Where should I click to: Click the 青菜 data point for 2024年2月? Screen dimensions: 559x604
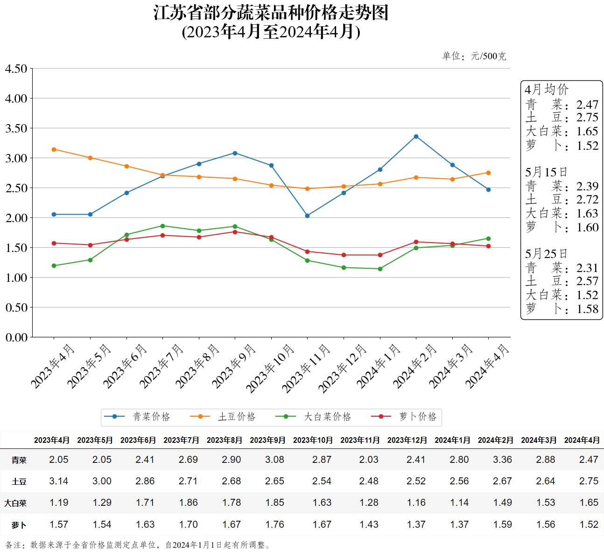pos(416,137)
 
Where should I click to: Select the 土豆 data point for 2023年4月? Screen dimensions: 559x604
pos(54,150)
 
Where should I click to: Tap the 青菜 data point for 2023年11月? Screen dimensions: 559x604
pos(307,216)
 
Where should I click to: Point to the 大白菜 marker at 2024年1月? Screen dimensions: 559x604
pos(380,269)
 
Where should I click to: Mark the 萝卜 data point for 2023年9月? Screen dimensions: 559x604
pos(235,232)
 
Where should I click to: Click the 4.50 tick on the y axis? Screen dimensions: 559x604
pos(16,69)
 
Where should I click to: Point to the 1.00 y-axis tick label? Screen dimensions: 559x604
pos(16,278)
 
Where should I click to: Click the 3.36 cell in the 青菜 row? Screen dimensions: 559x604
pos(502,460)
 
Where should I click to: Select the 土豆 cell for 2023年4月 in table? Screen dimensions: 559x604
pos(59,481)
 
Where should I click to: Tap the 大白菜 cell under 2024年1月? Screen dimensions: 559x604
pos(459,503)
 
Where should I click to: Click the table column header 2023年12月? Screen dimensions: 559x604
pos(407,440)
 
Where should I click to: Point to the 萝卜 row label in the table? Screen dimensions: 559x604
pos(19,525)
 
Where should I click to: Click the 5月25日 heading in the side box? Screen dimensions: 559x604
pos(546,254)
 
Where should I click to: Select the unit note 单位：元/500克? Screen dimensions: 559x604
pos(474,56)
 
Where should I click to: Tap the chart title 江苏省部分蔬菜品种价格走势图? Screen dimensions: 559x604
pos(271,13)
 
